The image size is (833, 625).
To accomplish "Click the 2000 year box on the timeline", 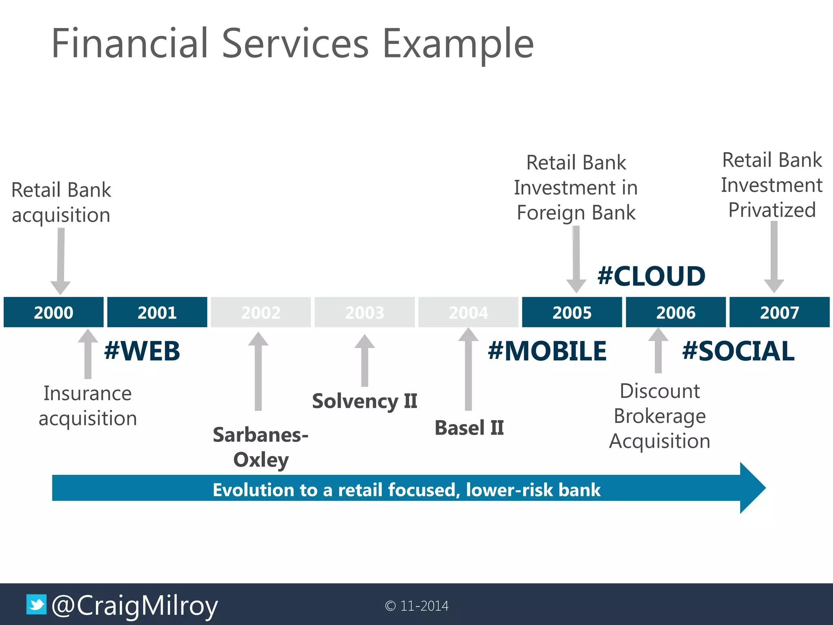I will (53, 312).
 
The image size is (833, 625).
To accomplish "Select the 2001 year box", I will (157, 312).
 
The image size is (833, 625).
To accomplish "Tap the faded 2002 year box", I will (261, 312).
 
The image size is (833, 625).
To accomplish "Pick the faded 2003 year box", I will (364, 312).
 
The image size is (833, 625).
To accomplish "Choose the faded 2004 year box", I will (468, 312).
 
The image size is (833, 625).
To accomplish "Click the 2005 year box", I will (572, 312).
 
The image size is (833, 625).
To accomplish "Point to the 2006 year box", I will (676, 312).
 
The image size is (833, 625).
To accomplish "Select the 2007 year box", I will (779, 312).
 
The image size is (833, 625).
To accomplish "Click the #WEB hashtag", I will (142, 351).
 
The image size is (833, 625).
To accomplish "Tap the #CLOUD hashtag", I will (651, 276).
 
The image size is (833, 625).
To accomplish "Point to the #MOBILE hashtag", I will (547, 351).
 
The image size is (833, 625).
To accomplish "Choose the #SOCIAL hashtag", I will (738, 351).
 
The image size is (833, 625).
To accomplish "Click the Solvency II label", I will (364, 401).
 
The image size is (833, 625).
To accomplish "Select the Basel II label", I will (469, 428).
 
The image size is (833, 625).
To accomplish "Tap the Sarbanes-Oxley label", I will (261, 447).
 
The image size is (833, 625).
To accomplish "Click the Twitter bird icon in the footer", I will (37, 605).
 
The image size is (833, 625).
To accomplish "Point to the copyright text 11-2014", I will (417, 606).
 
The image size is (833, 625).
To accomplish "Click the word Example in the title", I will (458, 44).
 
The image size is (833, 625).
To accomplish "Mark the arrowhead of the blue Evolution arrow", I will (752, 487).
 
